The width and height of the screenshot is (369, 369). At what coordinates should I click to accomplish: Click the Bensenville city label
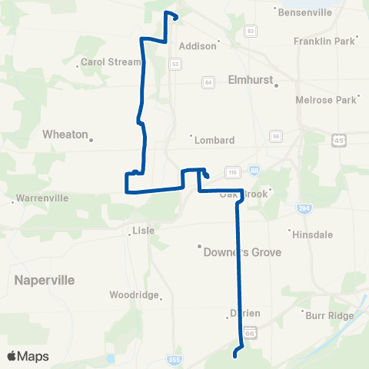tap(304, 14)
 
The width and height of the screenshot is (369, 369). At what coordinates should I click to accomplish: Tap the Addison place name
tap(198, 46)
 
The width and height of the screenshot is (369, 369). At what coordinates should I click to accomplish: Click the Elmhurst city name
tap(251, 79)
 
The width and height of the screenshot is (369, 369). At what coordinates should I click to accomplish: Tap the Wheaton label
tap(65, 134)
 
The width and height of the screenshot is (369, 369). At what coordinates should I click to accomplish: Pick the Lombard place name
tap(213, 140)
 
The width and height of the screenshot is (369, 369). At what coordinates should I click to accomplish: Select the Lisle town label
tap(144, 230)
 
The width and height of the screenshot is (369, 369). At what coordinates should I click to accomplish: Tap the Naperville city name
tap(44, 281)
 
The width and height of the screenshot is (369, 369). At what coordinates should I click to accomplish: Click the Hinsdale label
tap(311, 232)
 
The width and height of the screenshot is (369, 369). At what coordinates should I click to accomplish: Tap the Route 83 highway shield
tap(251, 31)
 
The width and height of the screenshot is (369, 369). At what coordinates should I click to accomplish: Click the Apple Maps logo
tap(28, 356)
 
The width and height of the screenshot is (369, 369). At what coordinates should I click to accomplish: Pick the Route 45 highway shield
tap(339, 141)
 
